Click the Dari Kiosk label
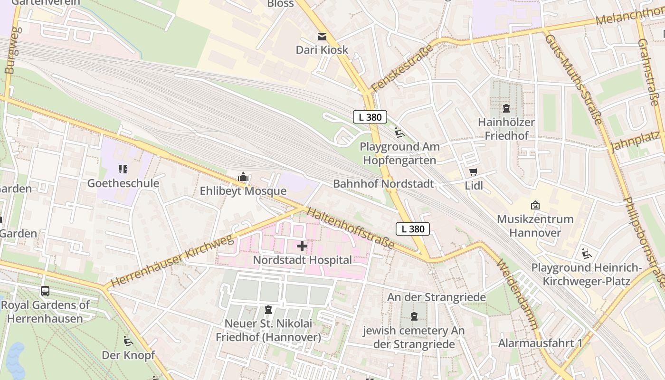coord(322,50)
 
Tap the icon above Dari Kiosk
coord(322,37)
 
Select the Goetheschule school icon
coord(123,169)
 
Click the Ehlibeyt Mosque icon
coord(243,178)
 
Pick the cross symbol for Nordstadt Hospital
coord(302,246)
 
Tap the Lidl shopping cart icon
coord(473,172)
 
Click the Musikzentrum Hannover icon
coord(535,205)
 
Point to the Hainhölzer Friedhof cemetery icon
coord(506,109)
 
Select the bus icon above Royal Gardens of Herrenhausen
coord(45,291)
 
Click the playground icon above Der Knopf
coord(128,341)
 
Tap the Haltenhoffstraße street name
coord(351,228)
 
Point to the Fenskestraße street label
coord(402,68)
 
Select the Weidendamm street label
coord(518,294)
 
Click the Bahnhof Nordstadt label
coord(383,184)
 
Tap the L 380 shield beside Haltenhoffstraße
coord(413,229)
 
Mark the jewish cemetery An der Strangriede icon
coord(414,316)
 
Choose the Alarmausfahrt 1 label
coord(540,343)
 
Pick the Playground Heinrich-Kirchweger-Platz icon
coord(587,254)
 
